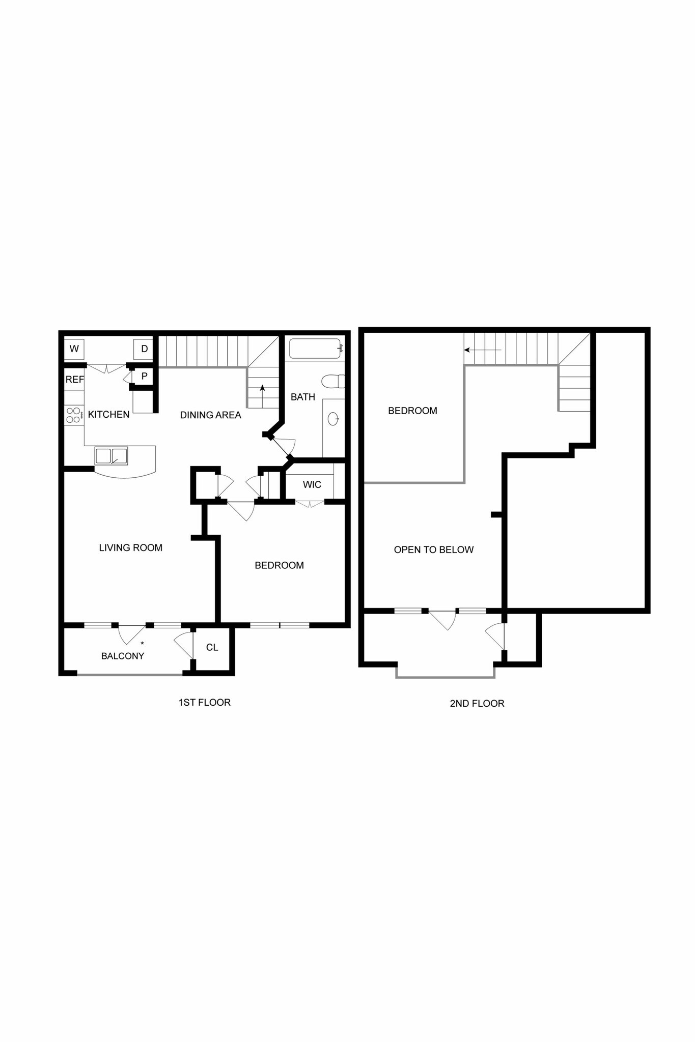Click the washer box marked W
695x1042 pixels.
pyautogui.click(x=74, y=349)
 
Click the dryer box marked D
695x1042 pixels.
pyautogui.click(x=144, y=349)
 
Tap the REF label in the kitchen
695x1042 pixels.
pyautogui.click(x=74, y=380)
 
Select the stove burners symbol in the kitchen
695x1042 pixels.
pyautogui.click(x=73, y=415)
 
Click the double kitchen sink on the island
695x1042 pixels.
pyautogui.click(x=111, y=456)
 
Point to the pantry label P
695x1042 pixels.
pyautogui.click(x=144, y=377)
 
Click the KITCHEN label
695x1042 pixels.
pyautogui.click(x=108, y=415)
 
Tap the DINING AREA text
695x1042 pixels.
pyautogui.click(x=210, y=415)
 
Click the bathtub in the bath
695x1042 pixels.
pyautogui.click(x=315, y=349)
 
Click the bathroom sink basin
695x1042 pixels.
pyautogui.click(x=333, y=419)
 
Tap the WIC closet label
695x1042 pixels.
pyautogui.click(x=312, y=485)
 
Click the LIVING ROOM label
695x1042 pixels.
pyautogui.click(x=130, y=548)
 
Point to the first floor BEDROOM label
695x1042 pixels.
pyautogui.click(x=279, y=565)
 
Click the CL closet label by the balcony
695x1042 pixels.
pyautogui.click(x=212, y=647)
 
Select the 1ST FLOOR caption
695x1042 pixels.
pyautogui.click(x=204, y=703)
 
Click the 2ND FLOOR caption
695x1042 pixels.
pyautogui.click(x=477, y=704)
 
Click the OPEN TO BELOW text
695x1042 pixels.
pyautogui.click(x=434, y=549)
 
